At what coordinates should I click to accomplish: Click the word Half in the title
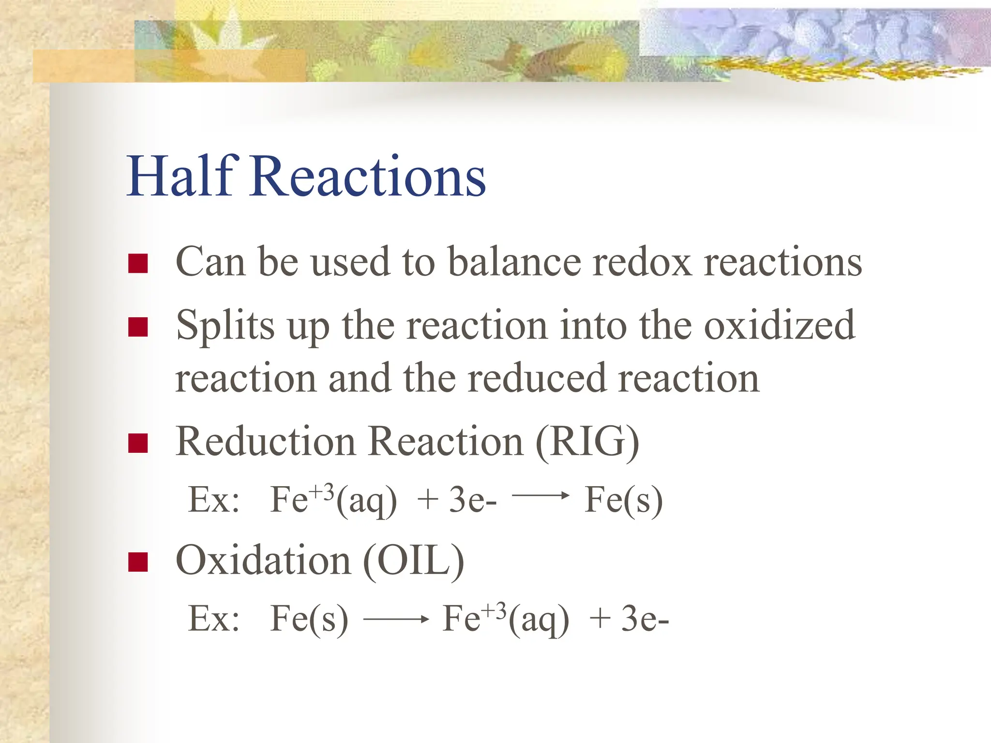[182, 176]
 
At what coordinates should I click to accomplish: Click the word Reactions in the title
[368, 176]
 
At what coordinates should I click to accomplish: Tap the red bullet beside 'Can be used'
[138, 264]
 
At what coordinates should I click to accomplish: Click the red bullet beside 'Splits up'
[138, 327]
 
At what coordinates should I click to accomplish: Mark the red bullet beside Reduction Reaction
[138, 443]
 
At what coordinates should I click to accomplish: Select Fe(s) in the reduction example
[623, 500]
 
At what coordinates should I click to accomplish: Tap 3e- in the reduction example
[472, 500]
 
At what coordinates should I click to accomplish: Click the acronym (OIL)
[413, 561]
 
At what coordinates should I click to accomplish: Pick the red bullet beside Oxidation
[138, 562]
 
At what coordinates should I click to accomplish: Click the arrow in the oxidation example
[396, 619]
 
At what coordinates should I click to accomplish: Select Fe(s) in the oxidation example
[309, 619]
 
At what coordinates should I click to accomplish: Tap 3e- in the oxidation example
[645, 619]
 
